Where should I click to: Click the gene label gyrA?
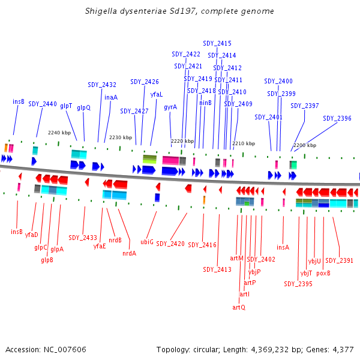pos(170,107)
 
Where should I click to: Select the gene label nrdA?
pos(129,253)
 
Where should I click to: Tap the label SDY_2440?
pos(42,104)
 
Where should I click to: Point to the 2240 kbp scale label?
pos(59,133)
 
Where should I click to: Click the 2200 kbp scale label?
pos(304,145)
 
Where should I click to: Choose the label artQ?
pos(239,307)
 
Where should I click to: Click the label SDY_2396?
pos(337,118)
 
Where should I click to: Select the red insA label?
pos(283,247)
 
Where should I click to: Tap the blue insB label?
pos(19,101)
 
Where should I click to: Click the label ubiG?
pos(147,242)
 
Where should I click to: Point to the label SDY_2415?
pos(217,43)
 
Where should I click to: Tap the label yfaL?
pos(157,94)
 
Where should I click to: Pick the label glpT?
pos(66,106)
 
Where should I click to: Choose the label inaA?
pos(111,97)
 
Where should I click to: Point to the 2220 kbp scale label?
pos(182,141)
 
